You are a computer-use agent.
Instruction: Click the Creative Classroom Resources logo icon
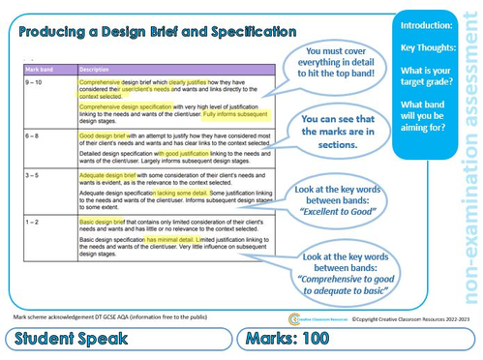294,317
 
